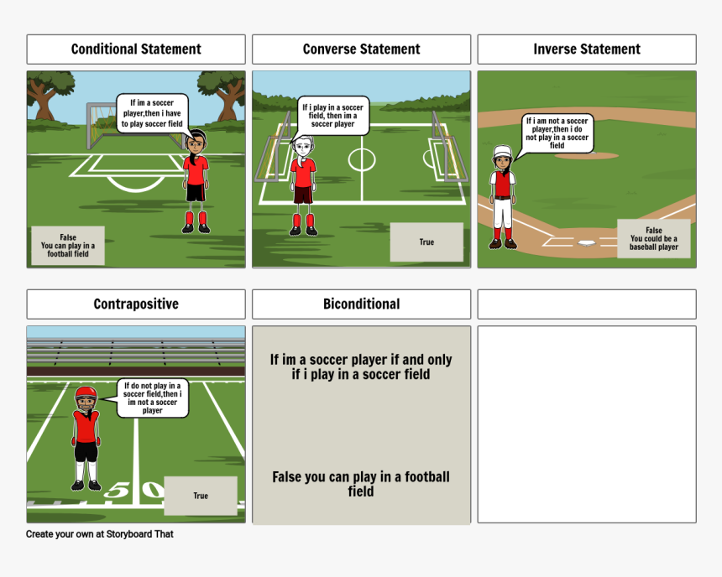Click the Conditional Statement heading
tap(136, 49)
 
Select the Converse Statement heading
tap(361, 49)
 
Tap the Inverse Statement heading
tap(587, 49)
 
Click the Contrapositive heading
tap(136, 304)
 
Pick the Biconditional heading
tap(361, 304)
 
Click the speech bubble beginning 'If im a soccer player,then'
tap(152, 114)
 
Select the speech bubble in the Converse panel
tap(332, 116)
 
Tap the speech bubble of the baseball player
tap(557, 133)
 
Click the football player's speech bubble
tap(152, 398)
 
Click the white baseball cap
tap(502, 152)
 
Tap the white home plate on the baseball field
tap(586, 243)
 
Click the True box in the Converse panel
tap(426, 242)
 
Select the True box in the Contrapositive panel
tap(201, 496)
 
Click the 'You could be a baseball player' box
tap(653, 238)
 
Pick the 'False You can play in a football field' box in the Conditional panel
tap(68, 246)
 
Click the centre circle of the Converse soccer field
tap(362, 160)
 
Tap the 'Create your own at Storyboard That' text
tap(99, 534)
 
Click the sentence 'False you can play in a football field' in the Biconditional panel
tap(361, 484)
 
